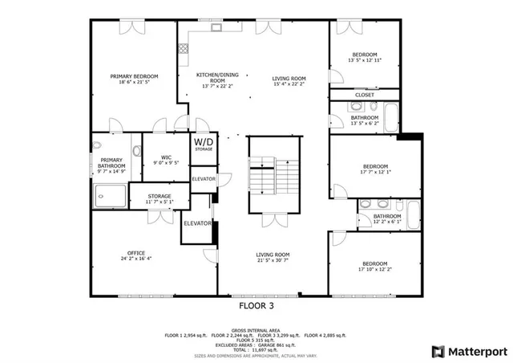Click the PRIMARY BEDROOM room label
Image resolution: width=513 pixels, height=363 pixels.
133,76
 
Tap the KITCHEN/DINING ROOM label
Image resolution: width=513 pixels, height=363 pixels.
217,78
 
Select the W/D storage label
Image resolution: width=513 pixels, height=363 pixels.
204,144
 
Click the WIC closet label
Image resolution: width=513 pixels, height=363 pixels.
166,157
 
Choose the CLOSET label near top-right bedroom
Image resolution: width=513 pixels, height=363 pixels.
365,95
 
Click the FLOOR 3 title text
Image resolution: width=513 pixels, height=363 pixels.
256,306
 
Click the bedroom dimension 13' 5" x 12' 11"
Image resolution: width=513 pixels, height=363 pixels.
365,60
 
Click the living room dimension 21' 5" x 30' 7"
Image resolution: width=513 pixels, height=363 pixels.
272,259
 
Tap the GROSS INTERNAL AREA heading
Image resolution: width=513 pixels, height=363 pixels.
256,329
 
